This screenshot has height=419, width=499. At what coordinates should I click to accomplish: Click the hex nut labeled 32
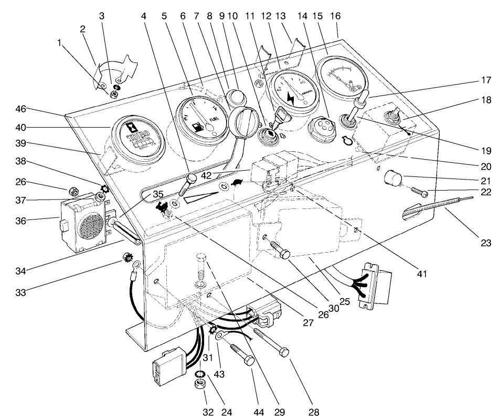(x=200, y=384)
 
